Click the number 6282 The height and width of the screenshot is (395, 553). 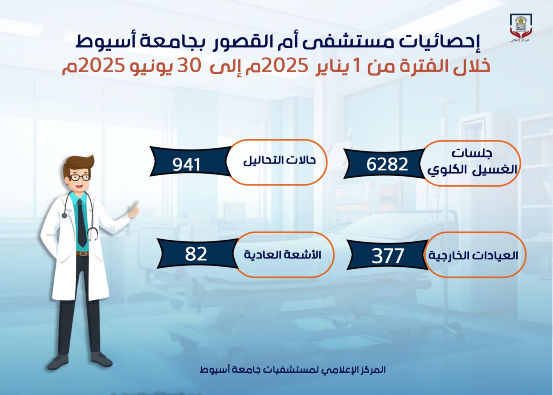387,164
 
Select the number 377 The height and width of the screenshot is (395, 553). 387,256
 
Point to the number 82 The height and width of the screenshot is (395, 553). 196,254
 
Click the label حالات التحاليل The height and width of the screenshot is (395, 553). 279,160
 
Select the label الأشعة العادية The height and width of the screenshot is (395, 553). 282,254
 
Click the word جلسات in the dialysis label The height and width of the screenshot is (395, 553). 472,153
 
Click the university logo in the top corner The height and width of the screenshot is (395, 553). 521,28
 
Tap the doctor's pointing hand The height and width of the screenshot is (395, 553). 133,210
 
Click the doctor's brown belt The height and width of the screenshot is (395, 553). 82,253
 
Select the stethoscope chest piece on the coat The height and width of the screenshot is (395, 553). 64,215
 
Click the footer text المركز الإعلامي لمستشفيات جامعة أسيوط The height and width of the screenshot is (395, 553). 292,370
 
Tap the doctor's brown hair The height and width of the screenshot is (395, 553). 78,163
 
